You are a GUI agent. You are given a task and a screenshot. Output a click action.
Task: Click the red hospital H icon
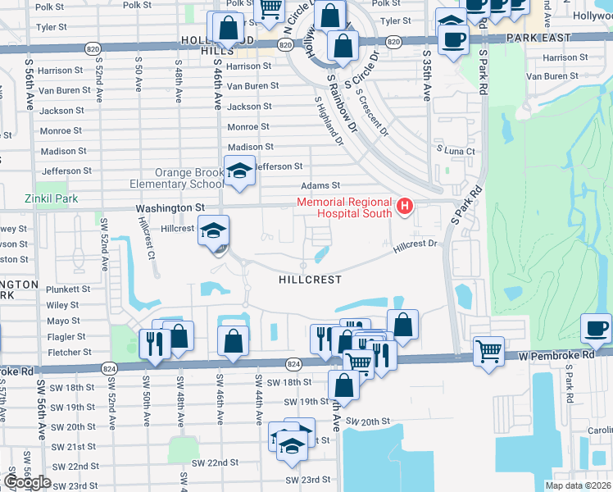[404, 207]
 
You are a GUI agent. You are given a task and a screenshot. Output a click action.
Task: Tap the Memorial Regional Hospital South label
[344, 207]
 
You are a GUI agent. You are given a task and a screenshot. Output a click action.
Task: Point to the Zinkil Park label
[51, 198]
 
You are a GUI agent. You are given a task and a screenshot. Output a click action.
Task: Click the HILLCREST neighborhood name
[310, 279]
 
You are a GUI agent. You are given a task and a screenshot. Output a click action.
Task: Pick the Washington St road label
[170, 209]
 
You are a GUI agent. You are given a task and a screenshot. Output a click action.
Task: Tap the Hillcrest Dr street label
[415, 244]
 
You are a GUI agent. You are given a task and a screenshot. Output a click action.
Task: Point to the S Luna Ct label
[456, 152]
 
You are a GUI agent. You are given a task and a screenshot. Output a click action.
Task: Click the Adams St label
[320, 186]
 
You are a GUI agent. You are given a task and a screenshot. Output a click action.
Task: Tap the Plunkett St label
[68, 289]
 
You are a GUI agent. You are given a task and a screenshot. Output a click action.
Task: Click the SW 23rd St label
[307, 480]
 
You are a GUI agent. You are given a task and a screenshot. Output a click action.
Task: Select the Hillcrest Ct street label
[148, 238]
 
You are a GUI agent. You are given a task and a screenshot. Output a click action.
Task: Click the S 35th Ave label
[427, 75]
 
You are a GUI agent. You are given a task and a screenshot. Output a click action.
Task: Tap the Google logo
[27, 482]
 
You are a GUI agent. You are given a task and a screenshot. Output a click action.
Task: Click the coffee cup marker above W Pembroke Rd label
[596, 328]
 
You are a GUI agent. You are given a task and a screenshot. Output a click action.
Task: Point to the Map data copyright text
[577, 485]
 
